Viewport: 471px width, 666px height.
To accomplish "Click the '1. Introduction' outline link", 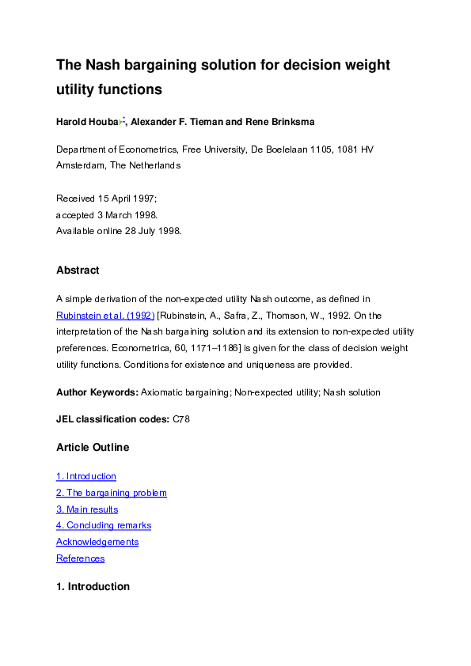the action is pos(85,476).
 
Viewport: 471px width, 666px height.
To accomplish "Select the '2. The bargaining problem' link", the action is pos(111,493).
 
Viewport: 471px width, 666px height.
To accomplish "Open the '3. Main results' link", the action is pos(87,509).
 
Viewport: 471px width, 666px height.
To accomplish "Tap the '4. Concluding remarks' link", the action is pos(103,525).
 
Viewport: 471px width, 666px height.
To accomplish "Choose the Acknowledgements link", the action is pos(97,542).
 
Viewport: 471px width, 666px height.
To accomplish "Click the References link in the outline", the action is pos(80,558).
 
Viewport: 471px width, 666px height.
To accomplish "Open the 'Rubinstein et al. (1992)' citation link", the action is pos(105,315).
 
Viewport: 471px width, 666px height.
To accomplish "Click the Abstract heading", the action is pos(78,271).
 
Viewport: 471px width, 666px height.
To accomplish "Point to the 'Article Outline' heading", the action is pos(92,448).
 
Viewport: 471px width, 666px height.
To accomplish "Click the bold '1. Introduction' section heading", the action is pos(93,587).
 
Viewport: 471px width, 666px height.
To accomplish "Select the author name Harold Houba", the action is pos(87,122).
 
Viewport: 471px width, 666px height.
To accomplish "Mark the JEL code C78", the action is pos(180,419).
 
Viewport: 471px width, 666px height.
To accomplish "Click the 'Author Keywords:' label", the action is pos(97,392).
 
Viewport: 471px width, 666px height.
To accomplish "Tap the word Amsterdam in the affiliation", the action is pos(81,165).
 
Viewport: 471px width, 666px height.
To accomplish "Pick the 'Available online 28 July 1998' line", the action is pos(119,231).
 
